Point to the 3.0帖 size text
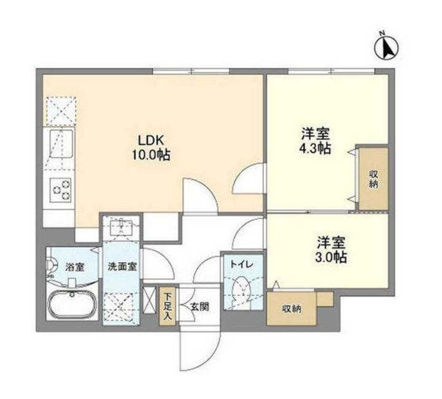pyautogui.click(x=331, y=257)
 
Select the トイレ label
pyautogui.click(x=239, y=264)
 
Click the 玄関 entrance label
pyautogui.click(x=200, y=306)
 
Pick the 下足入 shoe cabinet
pyautogui.click(x=168, y=306)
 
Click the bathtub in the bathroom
pyautogui.click(x=72, y=306)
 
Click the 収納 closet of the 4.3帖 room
pyautogui.click(x=373, y=179)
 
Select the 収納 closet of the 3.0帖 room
pyautogui.click(x=292, y=308)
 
